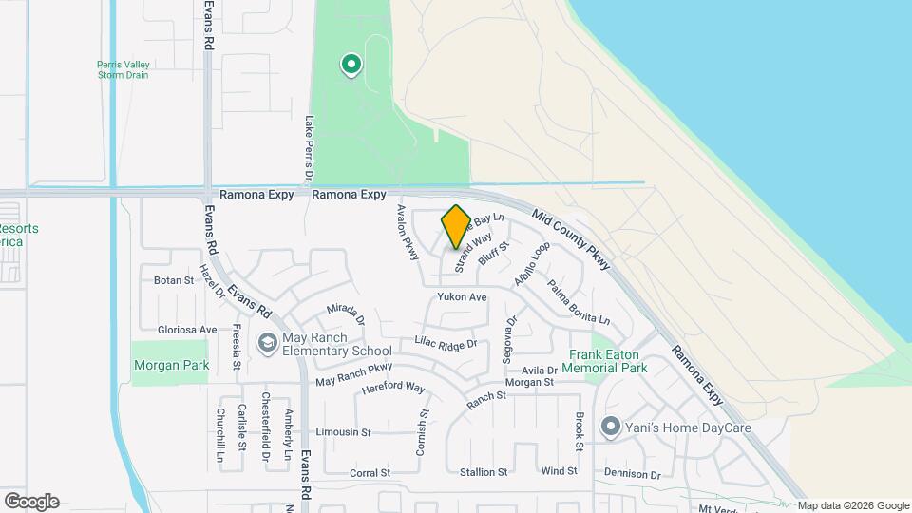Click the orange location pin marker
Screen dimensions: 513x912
456,226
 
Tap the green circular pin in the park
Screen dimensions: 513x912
351,65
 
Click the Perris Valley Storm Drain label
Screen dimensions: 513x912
123,70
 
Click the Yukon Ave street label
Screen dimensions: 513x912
462,297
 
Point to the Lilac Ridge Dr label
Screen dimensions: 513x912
446,341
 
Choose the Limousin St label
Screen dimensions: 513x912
343,432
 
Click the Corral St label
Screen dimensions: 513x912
370,472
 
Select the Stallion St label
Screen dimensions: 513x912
484,472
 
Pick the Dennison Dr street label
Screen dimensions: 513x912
632,474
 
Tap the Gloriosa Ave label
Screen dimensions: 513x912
187,330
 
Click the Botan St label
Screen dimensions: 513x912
174,280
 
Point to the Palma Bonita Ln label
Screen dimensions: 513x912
578,300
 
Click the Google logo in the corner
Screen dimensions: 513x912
31,501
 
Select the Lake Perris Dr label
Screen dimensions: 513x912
309,148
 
